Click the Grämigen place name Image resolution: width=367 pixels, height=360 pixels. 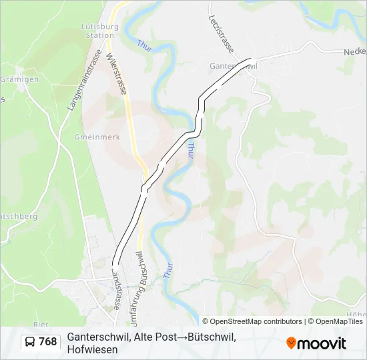tap(19, 79)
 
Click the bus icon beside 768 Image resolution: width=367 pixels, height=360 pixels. tap(30, 342)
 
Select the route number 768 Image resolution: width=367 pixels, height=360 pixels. tap(47, 342)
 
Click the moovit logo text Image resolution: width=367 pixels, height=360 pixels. tap(322, 343)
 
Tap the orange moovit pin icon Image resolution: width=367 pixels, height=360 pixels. tap(291, 343)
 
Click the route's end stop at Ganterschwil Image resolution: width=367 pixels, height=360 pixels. tap(250, 59)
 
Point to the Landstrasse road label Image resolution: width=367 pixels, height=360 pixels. tap(117, 291)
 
